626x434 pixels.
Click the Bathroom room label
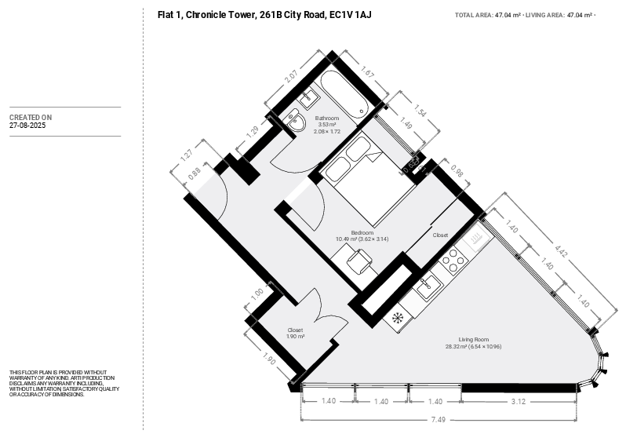[x=326, y=119]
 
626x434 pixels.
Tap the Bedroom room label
[x=362, y=233]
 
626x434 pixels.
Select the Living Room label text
[x=474, y=340]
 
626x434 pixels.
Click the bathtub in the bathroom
[x=344, y=95]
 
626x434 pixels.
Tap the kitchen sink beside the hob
[x=428, y=286]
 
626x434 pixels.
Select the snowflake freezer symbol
[x=397, y=318]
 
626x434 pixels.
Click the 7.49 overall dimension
[x=438, y=420]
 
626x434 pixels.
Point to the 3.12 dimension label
[x=519, y=401]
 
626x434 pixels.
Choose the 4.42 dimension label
[x=561, y=250]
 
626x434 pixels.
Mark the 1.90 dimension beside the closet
[x=269, y=358]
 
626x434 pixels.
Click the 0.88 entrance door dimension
[x=195, y=173]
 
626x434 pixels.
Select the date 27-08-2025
[x=27, y=126]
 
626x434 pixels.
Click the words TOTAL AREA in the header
[x=474, y=15]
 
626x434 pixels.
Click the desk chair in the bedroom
[x=359, y=261]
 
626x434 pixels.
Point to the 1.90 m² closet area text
[x=296, y=337]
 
